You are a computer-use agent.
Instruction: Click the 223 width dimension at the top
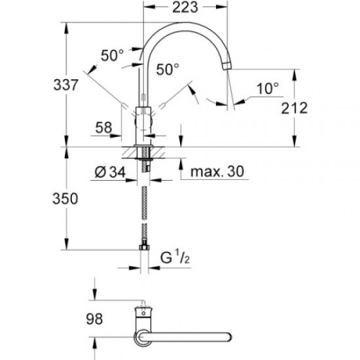185,7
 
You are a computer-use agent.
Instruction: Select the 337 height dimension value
66,84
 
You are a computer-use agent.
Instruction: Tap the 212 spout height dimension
295,108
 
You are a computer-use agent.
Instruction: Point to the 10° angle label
268,88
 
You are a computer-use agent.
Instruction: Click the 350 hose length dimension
65,198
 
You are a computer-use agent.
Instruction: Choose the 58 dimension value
103,128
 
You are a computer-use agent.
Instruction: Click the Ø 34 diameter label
110,172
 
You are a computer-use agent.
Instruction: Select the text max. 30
217,171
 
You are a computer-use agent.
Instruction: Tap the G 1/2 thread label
175,257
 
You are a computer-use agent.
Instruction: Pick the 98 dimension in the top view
94,319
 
